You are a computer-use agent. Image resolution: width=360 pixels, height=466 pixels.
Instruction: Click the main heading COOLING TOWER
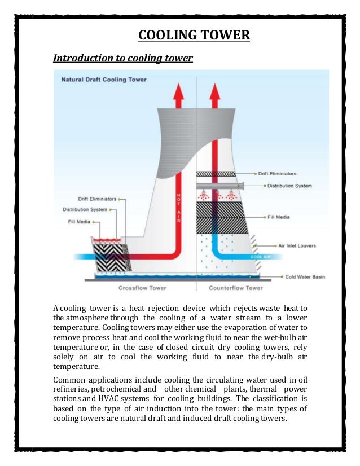194,36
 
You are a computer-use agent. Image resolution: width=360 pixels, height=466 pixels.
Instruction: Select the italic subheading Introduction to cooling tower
123,58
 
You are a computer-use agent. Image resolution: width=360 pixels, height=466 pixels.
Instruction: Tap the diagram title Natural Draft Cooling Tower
103,80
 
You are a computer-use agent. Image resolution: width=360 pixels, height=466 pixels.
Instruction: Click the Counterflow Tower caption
236,288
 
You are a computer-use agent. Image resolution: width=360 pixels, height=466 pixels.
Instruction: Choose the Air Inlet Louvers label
297,246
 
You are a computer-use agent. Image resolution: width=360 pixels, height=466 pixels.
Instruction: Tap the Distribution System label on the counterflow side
289,186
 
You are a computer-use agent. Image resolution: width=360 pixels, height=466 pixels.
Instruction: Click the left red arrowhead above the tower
180,92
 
